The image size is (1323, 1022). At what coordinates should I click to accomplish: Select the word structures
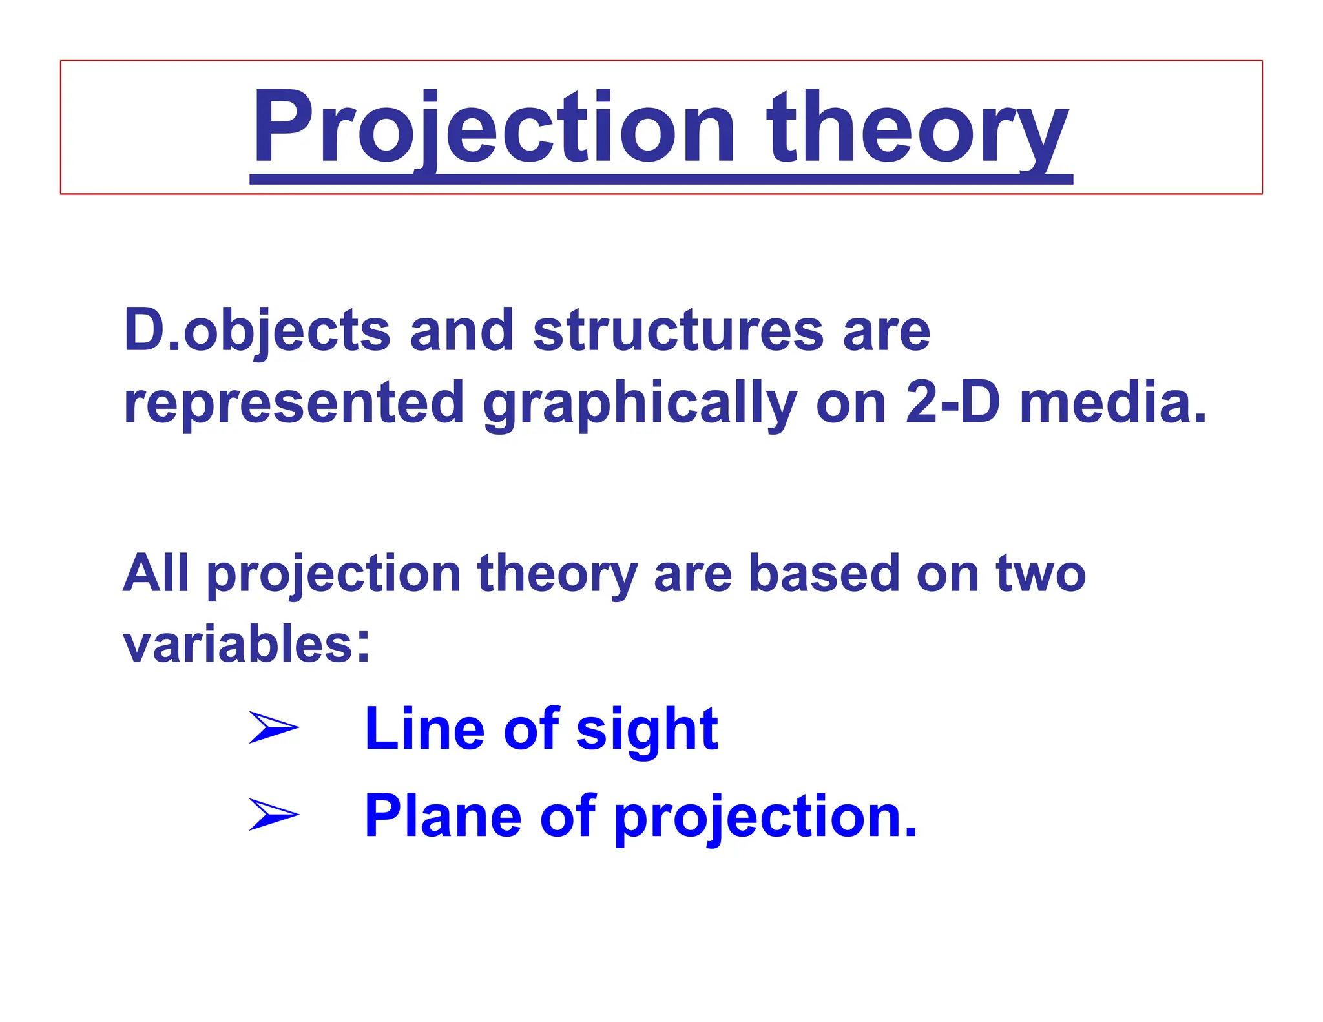tap(678, 331)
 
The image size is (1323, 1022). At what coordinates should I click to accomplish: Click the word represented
tap(294, 403)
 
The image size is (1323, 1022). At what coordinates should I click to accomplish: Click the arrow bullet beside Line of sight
tap(273, 728)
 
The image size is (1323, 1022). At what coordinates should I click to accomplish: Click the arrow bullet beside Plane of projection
tap(273, 815)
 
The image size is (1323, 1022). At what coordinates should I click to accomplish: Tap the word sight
tap(647, 730)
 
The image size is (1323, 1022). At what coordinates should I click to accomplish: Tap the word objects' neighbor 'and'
tap(461, 331)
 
